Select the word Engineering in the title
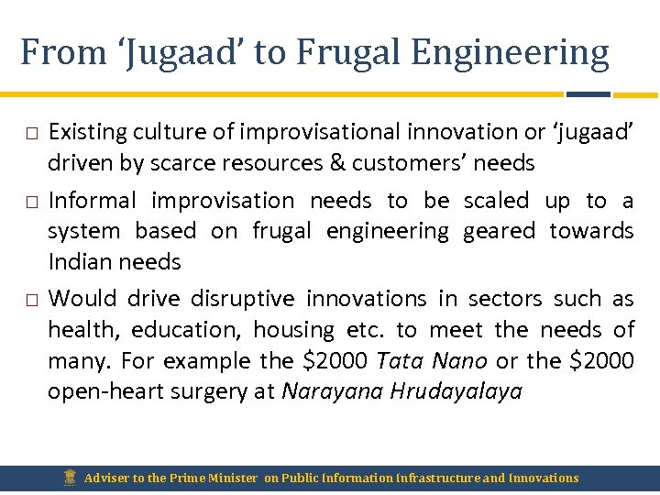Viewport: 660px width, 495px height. tap(510, 53)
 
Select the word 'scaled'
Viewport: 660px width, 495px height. tap(496, 201)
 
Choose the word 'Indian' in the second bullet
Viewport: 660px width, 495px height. tap(78, 262)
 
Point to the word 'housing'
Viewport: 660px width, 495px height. tap(293, 330)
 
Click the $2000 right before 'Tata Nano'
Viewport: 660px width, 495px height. tap(335, 361)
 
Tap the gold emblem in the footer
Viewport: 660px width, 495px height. tap(71, 477)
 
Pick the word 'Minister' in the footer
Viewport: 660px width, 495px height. tap(232, 478)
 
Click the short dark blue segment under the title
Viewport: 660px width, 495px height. tap(588, 93)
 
